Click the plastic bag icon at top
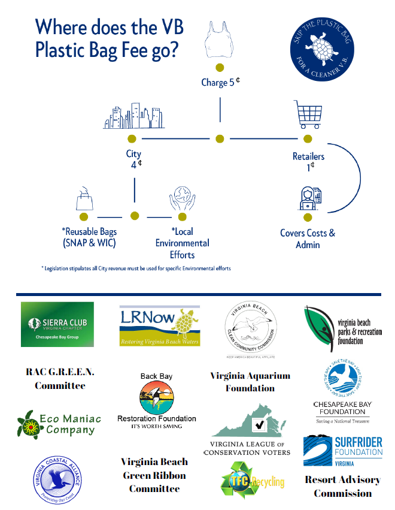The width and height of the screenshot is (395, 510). click(220, 40)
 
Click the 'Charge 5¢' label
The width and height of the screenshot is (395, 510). click(220, 82)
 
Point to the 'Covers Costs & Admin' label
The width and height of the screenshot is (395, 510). click(308, 239)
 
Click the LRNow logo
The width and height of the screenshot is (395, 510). click(160, 325)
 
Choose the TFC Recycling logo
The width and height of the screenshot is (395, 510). click(251, 481)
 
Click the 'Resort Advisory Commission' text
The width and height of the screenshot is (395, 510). click(342, 486)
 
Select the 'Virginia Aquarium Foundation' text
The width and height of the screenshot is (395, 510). click(250, 382)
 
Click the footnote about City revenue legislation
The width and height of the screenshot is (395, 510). click(136, 268)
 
